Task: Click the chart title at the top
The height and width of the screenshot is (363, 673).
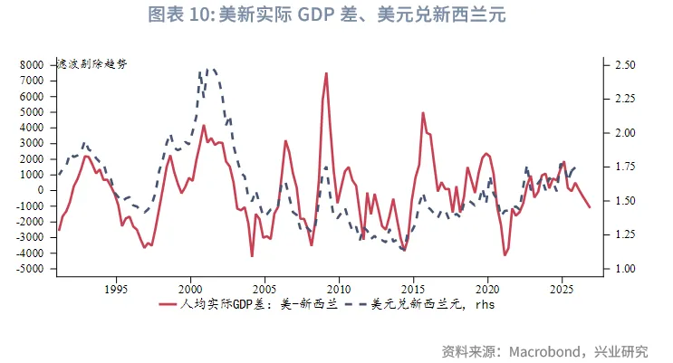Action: click(336, 15)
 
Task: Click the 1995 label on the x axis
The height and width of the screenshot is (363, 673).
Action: click(115, 289)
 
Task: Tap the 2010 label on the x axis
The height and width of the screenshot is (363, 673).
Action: click(338, 289)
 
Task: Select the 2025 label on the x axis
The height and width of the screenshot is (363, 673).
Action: click(562, 289)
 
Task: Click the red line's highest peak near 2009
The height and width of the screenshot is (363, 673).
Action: click(326, 73)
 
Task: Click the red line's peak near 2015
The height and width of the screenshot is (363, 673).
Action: click(423, 113)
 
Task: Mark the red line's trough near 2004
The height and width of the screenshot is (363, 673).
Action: click(252, 256)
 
